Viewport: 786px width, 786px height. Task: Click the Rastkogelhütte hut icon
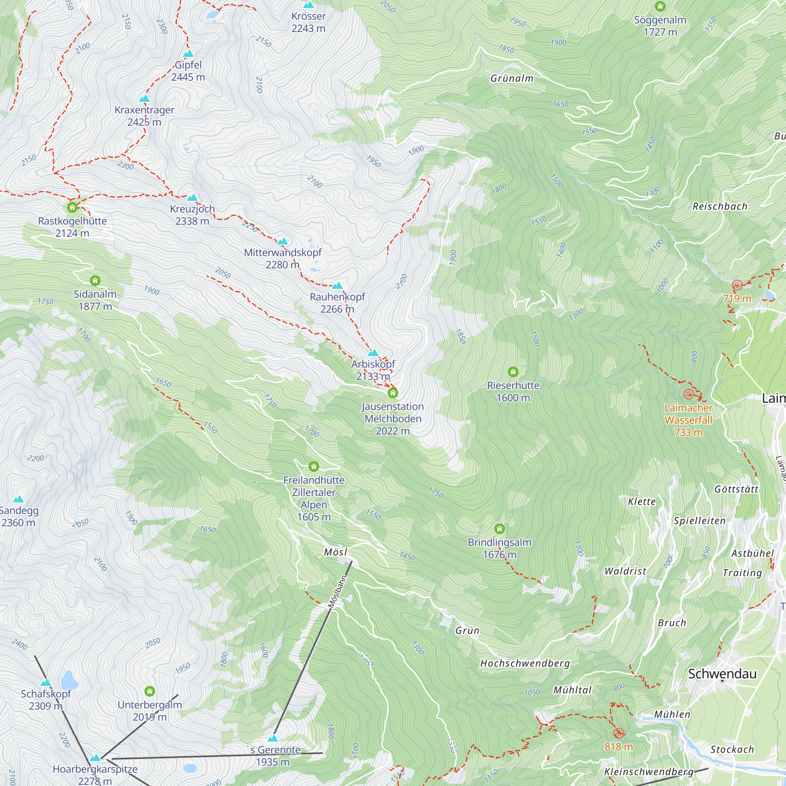[x=72, y=208]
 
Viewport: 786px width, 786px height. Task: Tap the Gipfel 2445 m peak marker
[x=188, y=54]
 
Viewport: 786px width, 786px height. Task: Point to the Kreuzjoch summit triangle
[x=192, y=198]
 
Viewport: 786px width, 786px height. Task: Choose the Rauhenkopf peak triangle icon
[x=337, y=286]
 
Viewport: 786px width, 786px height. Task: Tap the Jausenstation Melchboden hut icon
[x=393, y=393]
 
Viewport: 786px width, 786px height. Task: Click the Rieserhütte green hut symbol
[x=513, y=371]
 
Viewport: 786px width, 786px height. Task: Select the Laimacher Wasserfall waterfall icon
[x=689, y=394]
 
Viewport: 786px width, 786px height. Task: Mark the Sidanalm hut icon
[x=95, y=280]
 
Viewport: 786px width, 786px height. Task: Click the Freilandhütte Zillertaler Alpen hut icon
[x=314, y=466]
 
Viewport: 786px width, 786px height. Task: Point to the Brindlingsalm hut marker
[x=500, y=529]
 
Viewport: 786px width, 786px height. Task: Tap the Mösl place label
[x=336, y=552]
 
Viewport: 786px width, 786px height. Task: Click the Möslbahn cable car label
[x=338, y=591]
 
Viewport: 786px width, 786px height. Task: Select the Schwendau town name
[x=722, y=673]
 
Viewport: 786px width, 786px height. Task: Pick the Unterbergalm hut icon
[x=150, y=691]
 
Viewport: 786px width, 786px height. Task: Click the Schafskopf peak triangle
[x=46, y=682]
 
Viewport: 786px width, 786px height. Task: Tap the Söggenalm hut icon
[x=660, y=6]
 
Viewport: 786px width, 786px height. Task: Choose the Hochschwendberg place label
[x=525, y=663]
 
